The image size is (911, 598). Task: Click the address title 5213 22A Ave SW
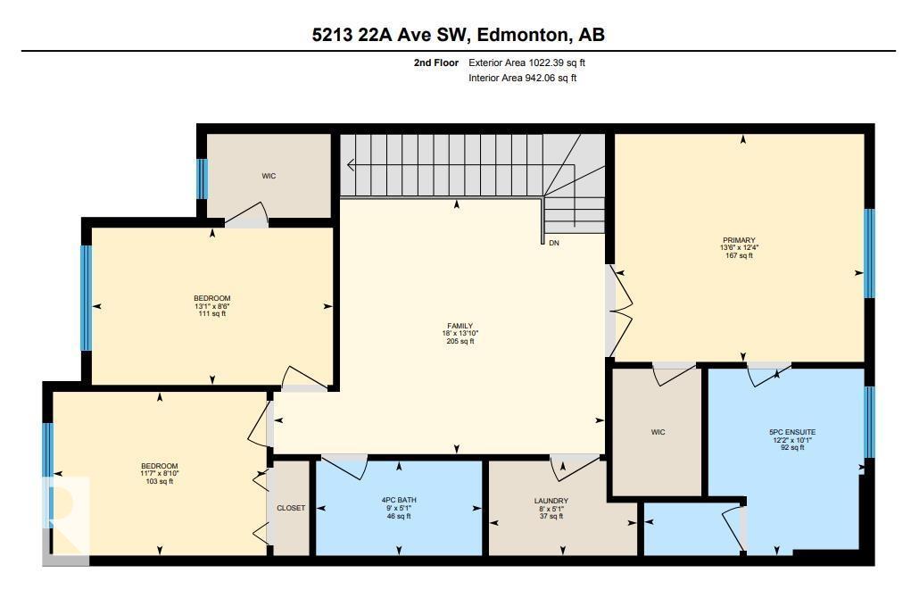pyautogui.click(x=455, y=35)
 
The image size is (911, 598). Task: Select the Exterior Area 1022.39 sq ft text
pyautogui.click(x=526, y=63)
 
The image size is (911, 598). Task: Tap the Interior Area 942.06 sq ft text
pyautogui.click(x=522, y=79)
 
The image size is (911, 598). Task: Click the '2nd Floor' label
pyautogui.click(x=435, y=63)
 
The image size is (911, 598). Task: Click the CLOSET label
pyautogui.click(x=291, y=508)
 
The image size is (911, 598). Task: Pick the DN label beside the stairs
pyautogui.click(x=554, y=243)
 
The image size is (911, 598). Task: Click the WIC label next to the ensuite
pyautogui.click(x=658, y=433)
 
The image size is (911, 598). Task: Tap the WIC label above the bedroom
pyautogui.click(x=269, y=176)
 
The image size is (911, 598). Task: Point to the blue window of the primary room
pyautogui.click(x=868, y=253)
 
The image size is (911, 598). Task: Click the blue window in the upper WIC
pyautogui.click(x=202, y=179)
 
